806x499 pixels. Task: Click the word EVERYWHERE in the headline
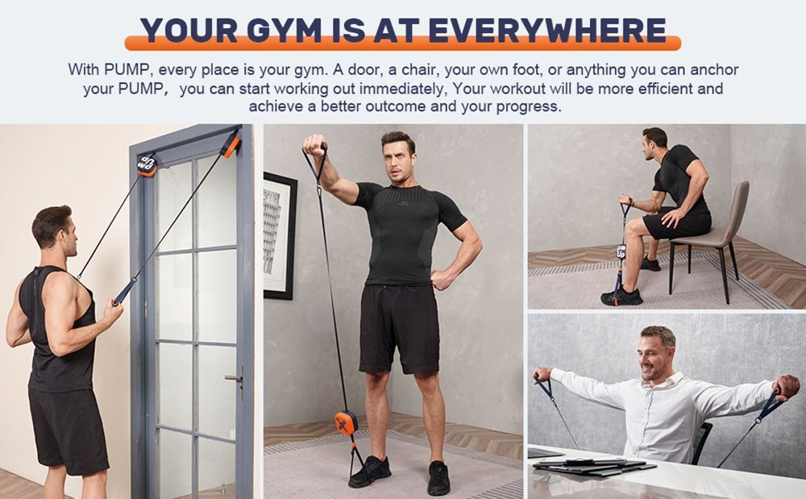click(x=547, y=31)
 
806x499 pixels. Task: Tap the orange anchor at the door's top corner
click(x=231, y=144)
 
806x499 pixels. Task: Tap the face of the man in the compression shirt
click(x=397, y=157)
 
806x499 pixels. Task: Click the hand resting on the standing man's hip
click(x=442, y=278)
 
